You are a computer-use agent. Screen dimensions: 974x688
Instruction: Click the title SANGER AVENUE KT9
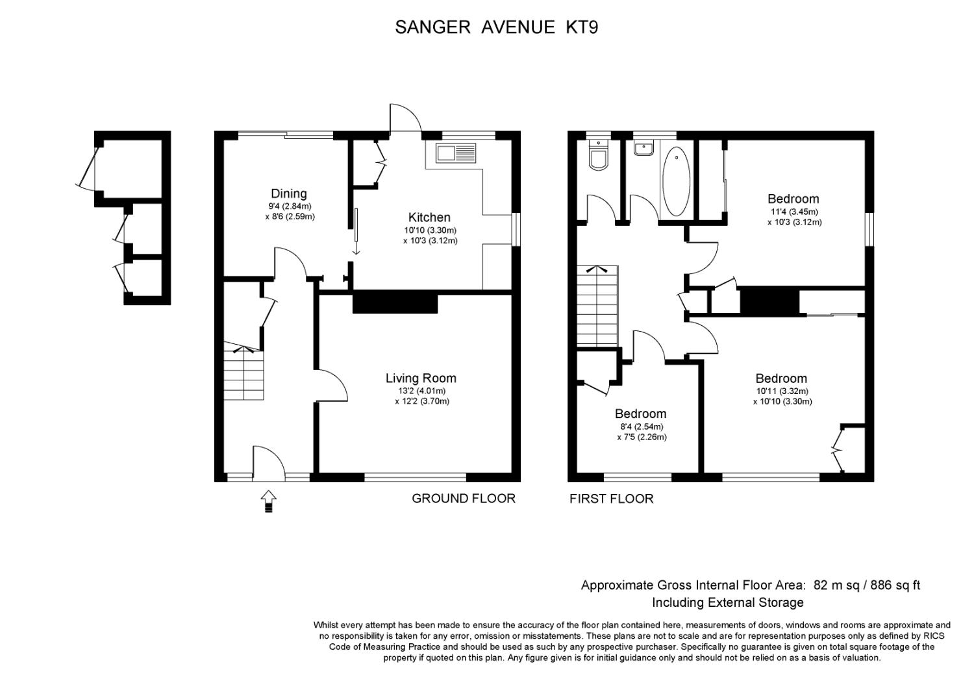(496, 27)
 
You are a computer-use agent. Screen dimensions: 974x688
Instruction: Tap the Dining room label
(289, 193)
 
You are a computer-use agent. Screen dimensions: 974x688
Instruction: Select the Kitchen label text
(429, 217)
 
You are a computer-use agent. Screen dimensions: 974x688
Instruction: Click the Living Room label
(421, 378)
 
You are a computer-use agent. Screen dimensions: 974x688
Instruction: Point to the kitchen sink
(456, 153)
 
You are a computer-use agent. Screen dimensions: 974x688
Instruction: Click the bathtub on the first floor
(676, 181)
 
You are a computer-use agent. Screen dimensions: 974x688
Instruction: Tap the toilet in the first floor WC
(599, 157)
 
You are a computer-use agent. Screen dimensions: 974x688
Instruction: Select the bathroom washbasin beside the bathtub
(643, 148)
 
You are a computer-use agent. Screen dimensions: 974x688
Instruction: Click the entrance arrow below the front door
(269, 502)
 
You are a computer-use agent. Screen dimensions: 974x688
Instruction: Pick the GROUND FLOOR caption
(464, 498)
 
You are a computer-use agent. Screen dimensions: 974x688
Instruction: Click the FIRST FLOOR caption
(612, 498)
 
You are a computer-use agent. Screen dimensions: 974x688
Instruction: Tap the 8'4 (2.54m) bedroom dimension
(642, 427)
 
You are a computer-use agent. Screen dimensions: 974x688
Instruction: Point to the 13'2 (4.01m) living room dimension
(421, 391)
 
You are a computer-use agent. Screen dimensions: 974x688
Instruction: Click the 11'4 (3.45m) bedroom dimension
(793, 212)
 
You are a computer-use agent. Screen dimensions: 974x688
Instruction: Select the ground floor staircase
(244, 373)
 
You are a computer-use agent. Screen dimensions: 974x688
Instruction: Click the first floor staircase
(597, 306)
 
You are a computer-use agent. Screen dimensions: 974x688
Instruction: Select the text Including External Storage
(727, 603)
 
